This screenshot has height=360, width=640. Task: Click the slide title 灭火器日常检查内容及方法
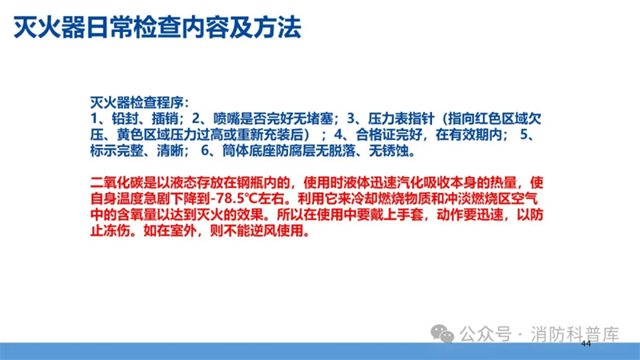click(x=158, y=27)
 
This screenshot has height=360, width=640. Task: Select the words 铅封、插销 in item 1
click(x=145, y=118)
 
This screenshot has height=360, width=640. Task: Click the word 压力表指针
click(x=402, y=118)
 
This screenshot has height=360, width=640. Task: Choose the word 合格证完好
click(x=389, y=134)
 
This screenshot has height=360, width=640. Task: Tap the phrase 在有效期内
click(x=469, y=134)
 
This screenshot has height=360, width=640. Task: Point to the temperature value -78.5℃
click(x=233, y=198)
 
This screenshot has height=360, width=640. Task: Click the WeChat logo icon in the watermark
click(x=442, y=334)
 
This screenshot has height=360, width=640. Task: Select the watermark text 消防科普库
click(x=574, y=334)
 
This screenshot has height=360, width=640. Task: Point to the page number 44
click(x=586, y=344)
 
